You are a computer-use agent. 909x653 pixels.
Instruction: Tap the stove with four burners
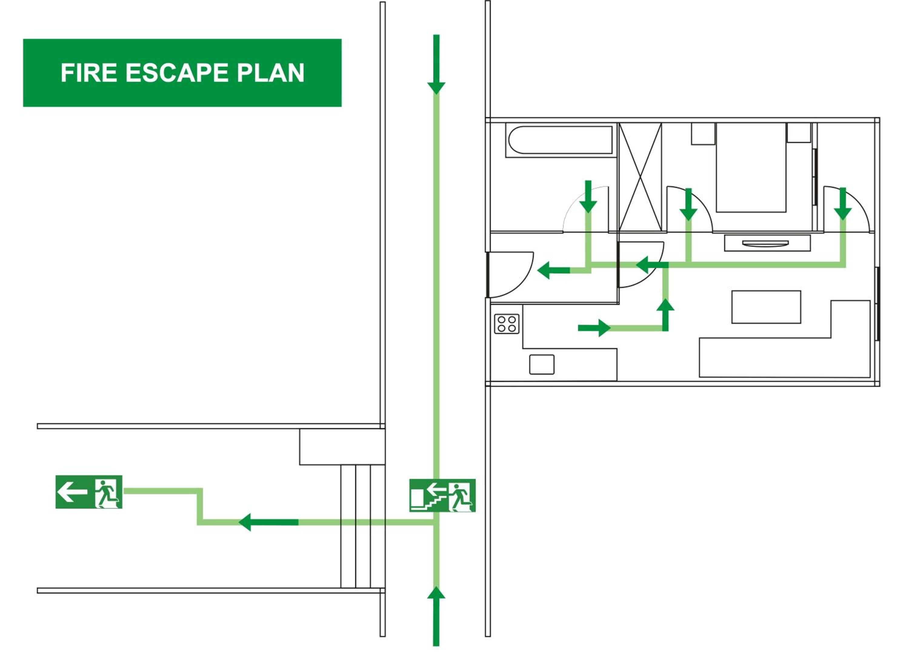tap(507, 324)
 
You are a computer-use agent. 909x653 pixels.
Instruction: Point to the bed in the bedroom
tap(751, 167)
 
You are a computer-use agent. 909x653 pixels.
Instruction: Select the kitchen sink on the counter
tap(542, 364)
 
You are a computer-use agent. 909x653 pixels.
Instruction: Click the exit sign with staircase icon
tap(442, 495)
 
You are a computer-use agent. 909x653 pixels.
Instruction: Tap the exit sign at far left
tap(88, 492)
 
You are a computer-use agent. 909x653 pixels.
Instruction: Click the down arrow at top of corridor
tap(436, 65)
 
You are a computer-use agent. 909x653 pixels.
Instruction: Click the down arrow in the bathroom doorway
tap(588, 196)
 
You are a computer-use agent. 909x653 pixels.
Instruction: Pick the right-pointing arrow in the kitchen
tap(594, 328)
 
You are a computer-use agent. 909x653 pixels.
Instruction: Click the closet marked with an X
tap(640, 177)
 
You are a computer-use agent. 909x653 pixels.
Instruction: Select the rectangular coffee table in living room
tap(766, 307)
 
